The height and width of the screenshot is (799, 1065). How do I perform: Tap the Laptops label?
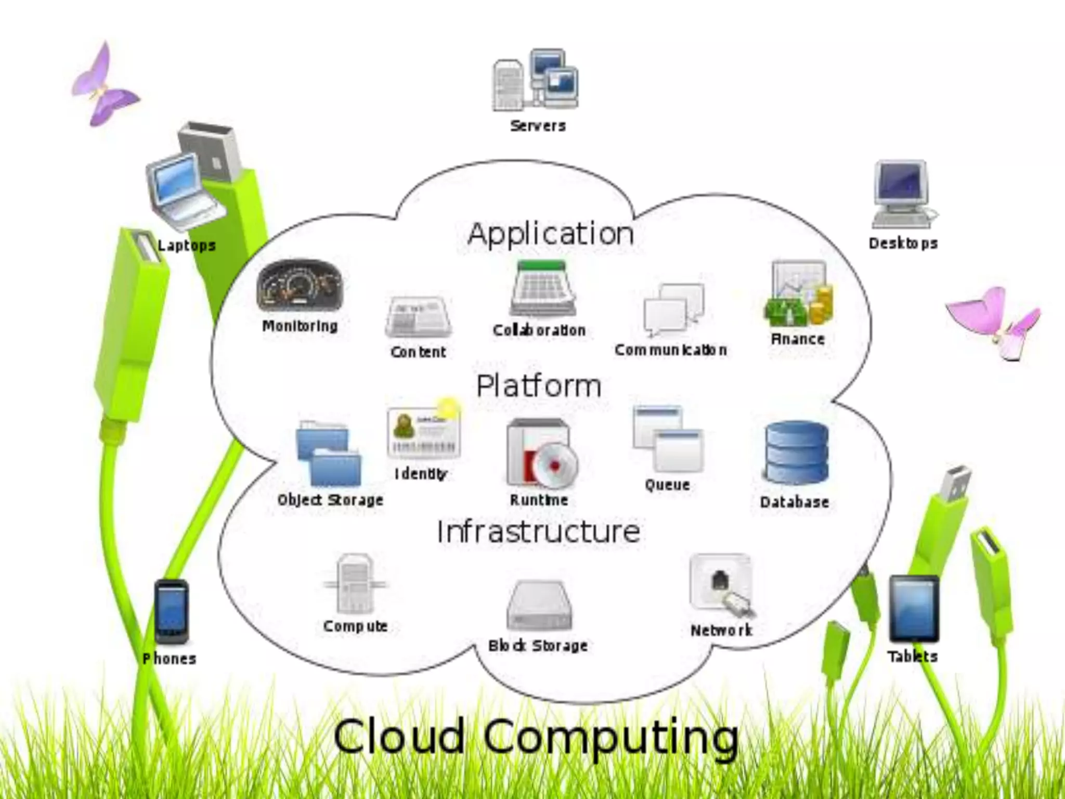pyautogui.click(x=186, y=246)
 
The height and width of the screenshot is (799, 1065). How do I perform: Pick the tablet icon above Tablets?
pyautogui.click(x=913, y=609)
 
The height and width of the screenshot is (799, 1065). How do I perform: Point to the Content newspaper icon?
pyautogui.click(x=418, y=317)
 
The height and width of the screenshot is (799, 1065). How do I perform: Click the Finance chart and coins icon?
pyautogui.click(x=798, y=294)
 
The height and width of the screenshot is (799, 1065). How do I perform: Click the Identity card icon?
pyautogui.click(x=423, y=431)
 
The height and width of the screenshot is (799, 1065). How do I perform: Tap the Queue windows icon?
pyautogui.click(x=668, y=440)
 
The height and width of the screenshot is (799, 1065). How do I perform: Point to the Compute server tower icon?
pyautogui.click(x=355, y=584)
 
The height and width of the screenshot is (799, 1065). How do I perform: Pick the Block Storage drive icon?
pyautogui.click(x=539, y=605)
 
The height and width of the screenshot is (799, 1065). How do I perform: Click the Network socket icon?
pyautogui.click(x=722, y=585)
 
